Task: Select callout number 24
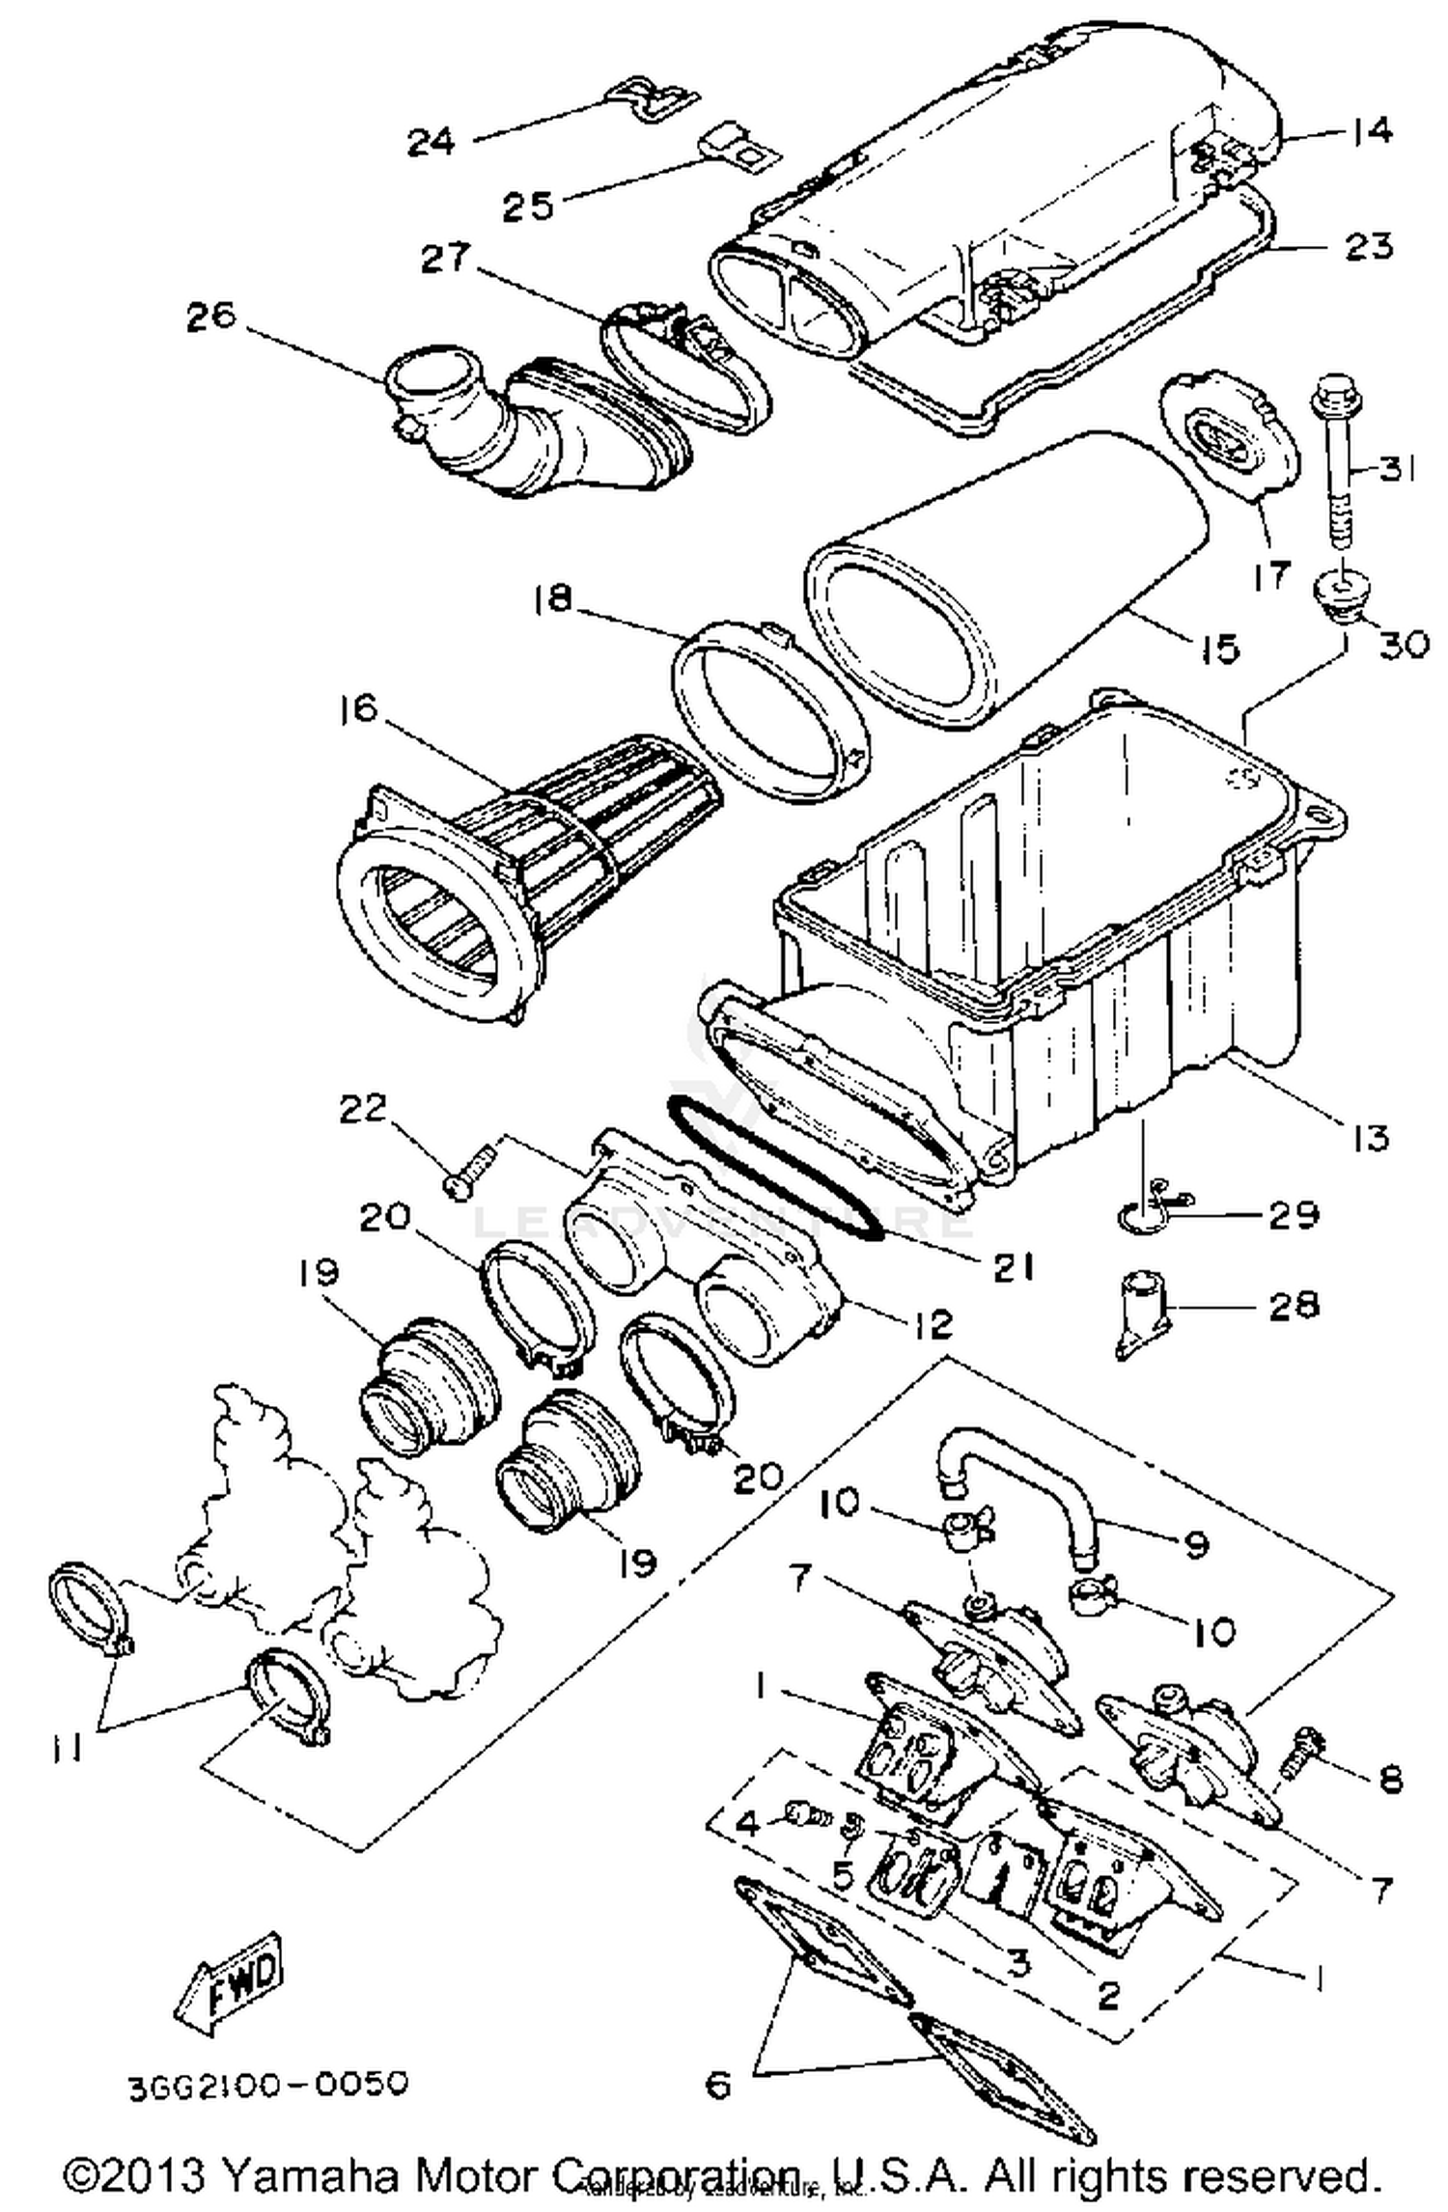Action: click(431, 142)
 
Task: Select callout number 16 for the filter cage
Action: click(359, 709)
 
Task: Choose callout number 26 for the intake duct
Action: click(211, 316)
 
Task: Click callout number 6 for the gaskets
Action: click(718, 2085)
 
